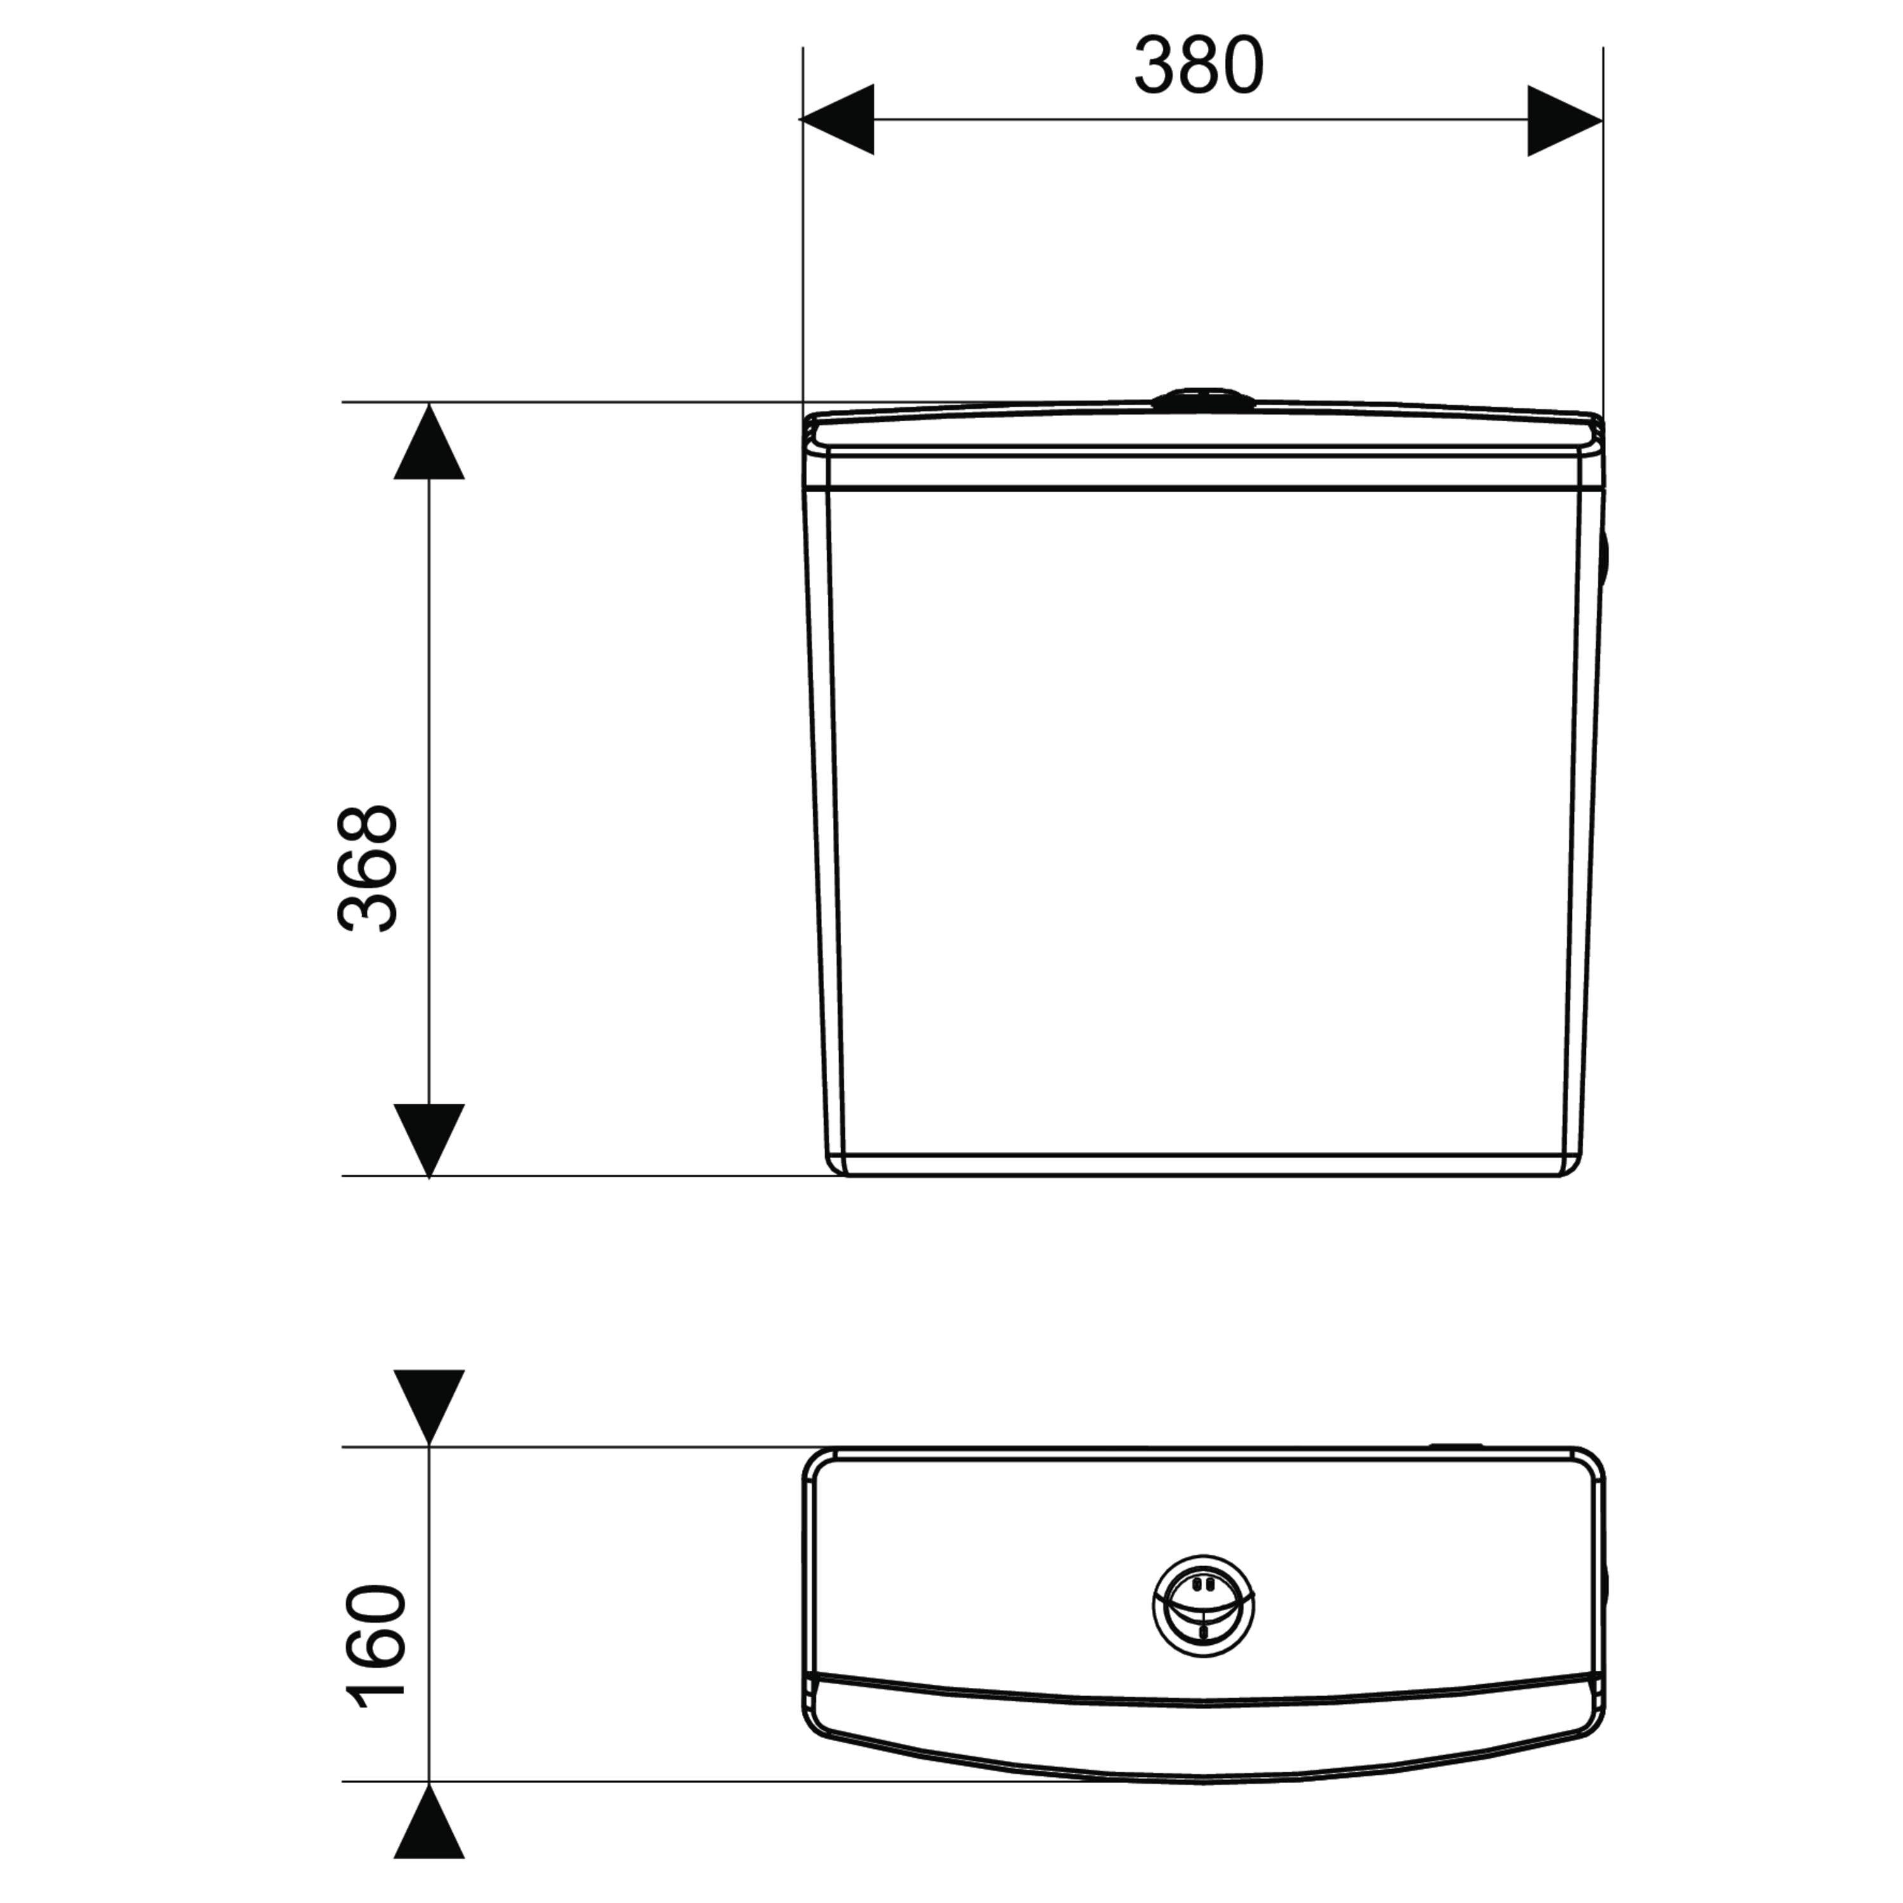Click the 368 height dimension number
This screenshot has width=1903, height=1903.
pyautogui.click(x=367, y=869)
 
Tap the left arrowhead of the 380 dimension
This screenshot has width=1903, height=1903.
pyautogui.click(x=837, y=119)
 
